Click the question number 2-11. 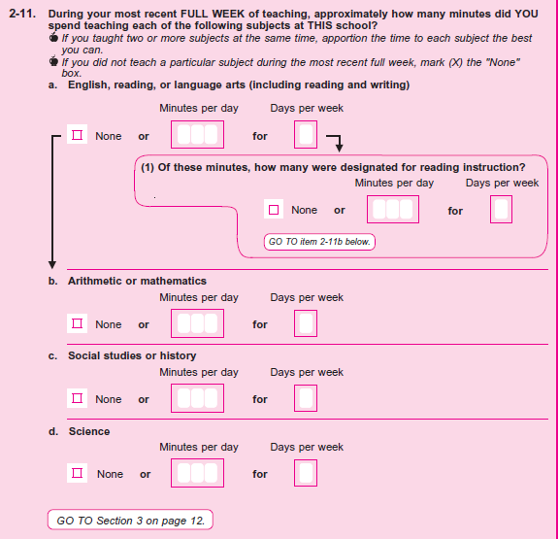(x=22, y=14)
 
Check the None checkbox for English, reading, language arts (x=77, y=135)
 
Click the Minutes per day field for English (x=198, y=134)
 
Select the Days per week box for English (x=306, y=134)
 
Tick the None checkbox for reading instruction (x=274, y=210)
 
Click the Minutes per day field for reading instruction (x=393, y=210)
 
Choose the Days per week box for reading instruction (x=501, y=210)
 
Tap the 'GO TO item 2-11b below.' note (x=319, y=242)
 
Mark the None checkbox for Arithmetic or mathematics (x=77, y=323)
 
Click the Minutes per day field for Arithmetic (x=198, y=323)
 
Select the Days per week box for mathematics (x=306, y=323)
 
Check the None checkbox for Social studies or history (x=77, y=398)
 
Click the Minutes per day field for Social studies (x=198, y=398)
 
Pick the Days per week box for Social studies (x=306, y=398)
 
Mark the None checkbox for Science (x=77, y=473)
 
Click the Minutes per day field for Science (x=198, y=473)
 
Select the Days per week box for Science (x=306, y=473)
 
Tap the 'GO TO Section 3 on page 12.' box (x=130, y=521)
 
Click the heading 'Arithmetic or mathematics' (x=137, y=281)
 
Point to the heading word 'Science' (x=89, y=431)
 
